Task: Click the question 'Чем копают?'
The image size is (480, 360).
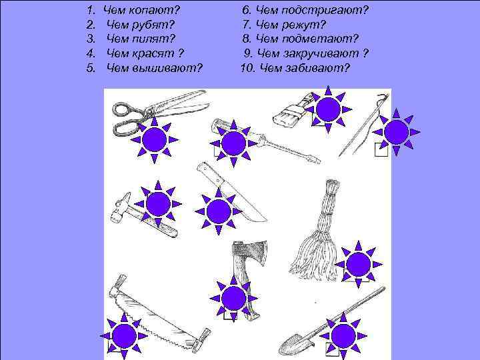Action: coord(141,11)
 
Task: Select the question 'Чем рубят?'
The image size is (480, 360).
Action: coord(141,25)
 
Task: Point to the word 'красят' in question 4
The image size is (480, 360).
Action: coord(153,53)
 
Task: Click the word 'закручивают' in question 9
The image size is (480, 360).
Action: coord(321,53)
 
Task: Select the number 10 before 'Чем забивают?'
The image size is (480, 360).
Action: coord(247,67)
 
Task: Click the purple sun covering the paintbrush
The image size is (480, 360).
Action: coord(328,109)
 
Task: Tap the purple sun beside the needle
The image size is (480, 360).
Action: coord(396,132)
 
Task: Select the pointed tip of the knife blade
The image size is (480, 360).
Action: coord(266,219)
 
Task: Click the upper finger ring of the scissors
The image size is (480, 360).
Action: coord(125,109)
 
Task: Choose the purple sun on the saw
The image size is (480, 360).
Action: coord(124,336)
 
